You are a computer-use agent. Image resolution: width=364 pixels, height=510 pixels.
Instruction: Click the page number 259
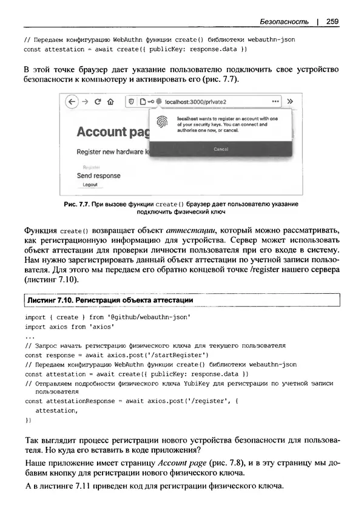click(332, 22)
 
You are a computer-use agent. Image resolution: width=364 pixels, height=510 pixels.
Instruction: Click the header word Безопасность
click(283, 22)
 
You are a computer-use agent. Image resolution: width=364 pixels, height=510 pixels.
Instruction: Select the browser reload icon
click(97, 101)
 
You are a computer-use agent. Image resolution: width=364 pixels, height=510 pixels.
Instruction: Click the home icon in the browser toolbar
click(110, 101)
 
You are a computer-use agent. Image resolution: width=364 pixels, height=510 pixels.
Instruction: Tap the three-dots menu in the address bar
click(275, 101)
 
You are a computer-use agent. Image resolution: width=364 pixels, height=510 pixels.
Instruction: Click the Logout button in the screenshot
click(90, 185)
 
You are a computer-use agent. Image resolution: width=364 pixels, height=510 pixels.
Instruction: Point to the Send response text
click(98, 175)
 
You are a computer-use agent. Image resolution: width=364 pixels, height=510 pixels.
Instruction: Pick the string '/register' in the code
click(211, 401)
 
